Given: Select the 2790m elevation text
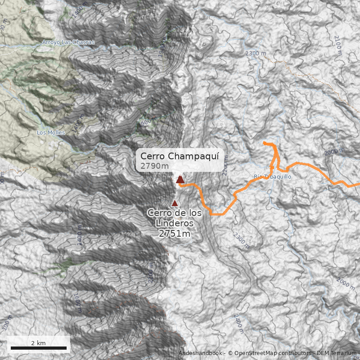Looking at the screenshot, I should pyautogui.click(x=154, y=166).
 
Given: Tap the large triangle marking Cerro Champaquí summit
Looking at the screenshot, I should pyautogui.click(x=180, y=180).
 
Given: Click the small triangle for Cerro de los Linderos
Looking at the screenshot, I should pyautogui.click(x=175, y=203).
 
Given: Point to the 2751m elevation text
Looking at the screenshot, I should pyautogui.click(x=174, y=234).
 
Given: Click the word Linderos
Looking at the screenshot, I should pyautogui.click(x=174, y=223).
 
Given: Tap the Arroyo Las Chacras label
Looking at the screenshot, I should pyautogui.click(x=68, y=42).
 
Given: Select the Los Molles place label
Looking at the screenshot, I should pyautogui.click(x=51, y=133).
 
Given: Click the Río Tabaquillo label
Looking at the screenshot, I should pyautogui.click(x=273, y=177).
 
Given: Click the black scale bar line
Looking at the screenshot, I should pyautogui.click(x=38, y=348).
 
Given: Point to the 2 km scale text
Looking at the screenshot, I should pyautogui.click(x=38, y=343).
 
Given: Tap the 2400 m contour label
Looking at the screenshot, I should pyautogui.click(x=238, y=324).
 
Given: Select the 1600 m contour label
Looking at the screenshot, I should pyautogui.click(x=76, y=302).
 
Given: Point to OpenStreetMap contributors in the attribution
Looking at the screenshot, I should pyautogui.click(x=270, y=353).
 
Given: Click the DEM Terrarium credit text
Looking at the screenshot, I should pyautogui.click(x=337, y=353).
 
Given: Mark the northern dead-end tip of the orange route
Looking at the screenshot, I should pyautogui.click(x=265, y=143).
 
